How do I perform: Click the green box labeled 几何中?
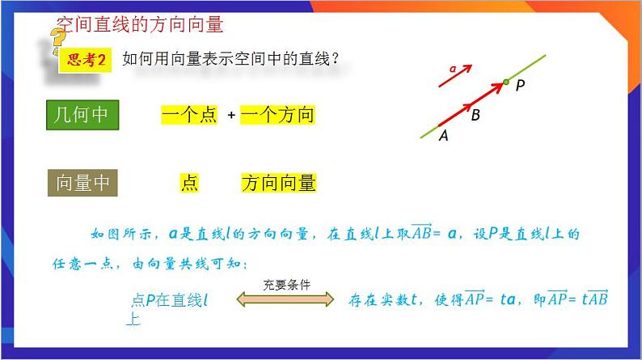[82, 115]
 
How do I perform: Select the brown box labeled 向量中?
[82, 184]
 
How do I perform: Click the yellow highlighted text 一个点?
[189, 116]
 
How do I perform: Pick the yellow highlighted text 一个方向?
[277, 116]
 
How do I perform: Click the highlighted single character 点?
[189, 184]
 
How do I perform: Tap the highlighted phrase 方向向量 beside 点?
[278, 184]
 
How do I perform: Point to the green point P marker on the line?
[506, 82]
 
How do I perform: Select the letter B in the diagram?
[475, 116]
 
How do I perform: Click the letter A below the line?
[443, 137]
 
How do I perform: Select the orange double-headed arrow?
[285, 299]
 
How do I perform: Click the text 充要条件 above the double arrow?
[286, 285]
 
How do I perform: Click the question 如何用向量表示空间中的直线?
[230, 59]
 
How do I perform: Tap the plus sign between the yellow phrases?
[231, 116]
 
